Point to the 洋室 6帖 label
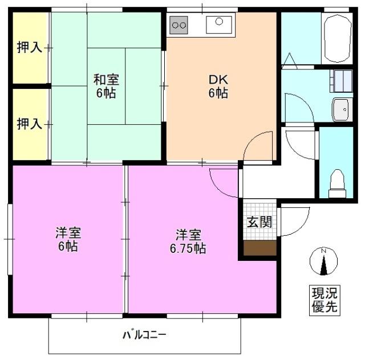pos(67,239)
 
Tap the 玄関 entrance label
pos(259,222)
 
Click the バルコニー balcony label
pos(144,334)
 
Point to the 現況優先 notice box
pos(323,300)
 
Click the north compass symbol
pos(323,262)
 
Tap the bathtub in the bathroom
pos(337,38)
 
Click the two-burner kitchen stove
pos(179,24)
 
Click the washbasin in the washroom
pos(342,109)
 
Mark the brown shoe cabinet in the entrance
pos(260,248)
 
